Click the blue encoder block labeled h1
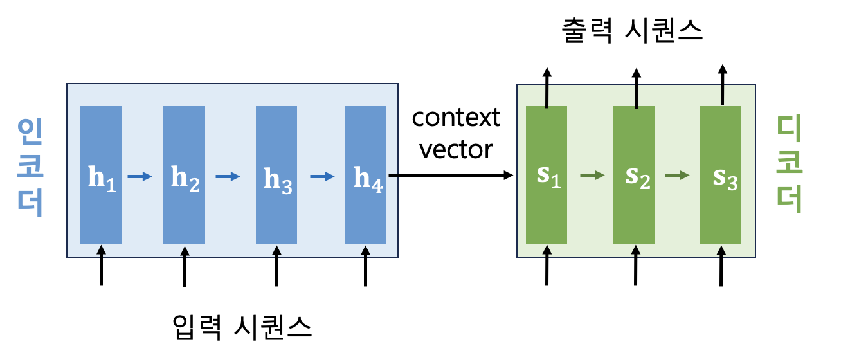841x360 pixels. (x=100, y=175)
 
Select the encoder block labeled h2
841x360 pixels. (x=184, y=175)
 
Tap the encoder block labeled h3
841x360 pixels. (x=276, y=175)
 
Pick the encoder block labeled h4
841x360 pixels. (x=365, y=175)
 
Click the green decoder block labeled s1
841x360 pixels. (x=547, y=175)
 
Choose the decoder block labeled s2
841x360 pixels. (x=634, y=175)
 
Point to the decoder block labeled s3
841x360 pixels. (x=721, y=175)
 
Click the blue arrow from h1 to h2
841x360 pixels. (x=140, y=175)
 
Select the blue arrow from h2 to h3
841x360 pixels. (x=228, y=175)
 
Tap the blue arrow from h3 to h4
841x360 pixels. (x=321, y=175)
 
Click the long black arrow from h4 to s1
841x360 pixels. (x=450, y=175)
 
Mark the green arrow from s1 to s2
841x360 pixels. (x=592, y=175)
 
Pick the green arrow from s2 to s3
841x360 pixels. (x=678, y=175)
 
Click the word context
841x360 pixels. (x=456, y=118)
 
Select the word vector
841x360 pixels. (x=456, y=149)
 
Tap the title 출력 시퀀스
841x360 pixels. (x=632, y=30)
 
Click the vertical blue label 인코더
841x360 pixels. (x=30, y=168)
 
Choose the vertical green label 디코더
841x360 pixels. (x=790, y=164)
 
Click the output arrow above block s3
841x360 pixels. (x=722, y=84)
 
